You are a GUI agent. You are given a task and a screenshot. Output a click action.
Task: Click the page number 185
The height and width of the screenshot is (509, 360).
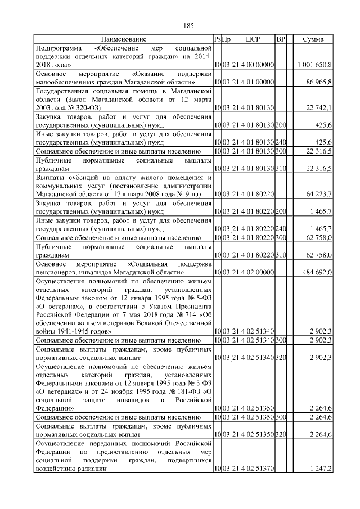click(x=188, y=25)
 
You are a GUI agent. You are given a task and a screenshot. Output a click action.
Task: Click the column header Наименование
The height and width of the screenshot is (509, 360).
click(x=124, y=39)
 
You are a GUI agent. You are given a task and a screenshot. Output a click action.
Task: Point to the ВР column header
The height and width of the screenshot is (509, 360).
click(x=281, y=39)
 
